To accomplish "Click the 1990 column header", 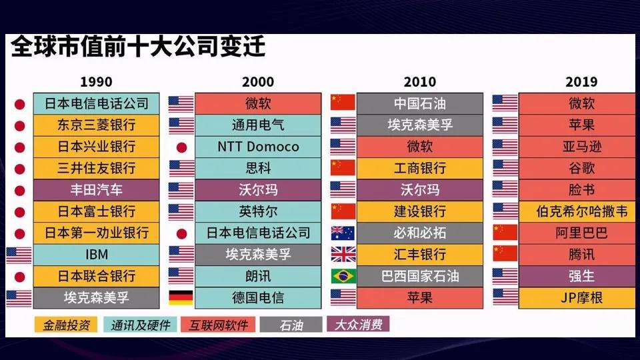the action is click(96, 81).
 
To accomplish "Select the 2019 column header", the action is click(581, 81).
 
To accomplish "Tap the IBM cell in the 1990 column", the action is click(96, 255).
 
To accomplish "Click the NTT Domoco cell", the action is click(258, 147).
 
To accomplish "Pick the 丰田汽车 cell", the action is click(96, 190).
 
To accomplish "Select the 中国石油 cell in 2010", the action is click(419, 104).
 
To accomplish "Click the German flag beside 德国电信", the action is click(181, 297).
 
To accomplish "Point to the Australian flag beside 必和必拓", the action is click(343, 233).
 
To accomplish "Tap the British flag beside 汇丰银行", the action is click(343, 254).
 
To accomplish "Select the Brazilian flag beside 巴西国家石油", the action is click(343, 276).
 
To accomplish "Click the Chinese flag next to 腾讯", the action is click(505, 254).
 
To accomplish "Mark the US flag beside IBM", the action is click(19, 255).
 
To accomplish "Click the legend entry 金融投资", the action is click(66, 325).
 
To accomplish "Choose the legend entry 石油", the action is click(291, 325).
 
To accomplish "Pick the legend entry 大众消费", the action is click(359, 325).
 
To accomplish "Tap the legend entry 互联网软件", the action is click(219, 325).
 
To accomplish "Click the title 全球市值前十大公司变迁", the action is click(139, 47).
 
